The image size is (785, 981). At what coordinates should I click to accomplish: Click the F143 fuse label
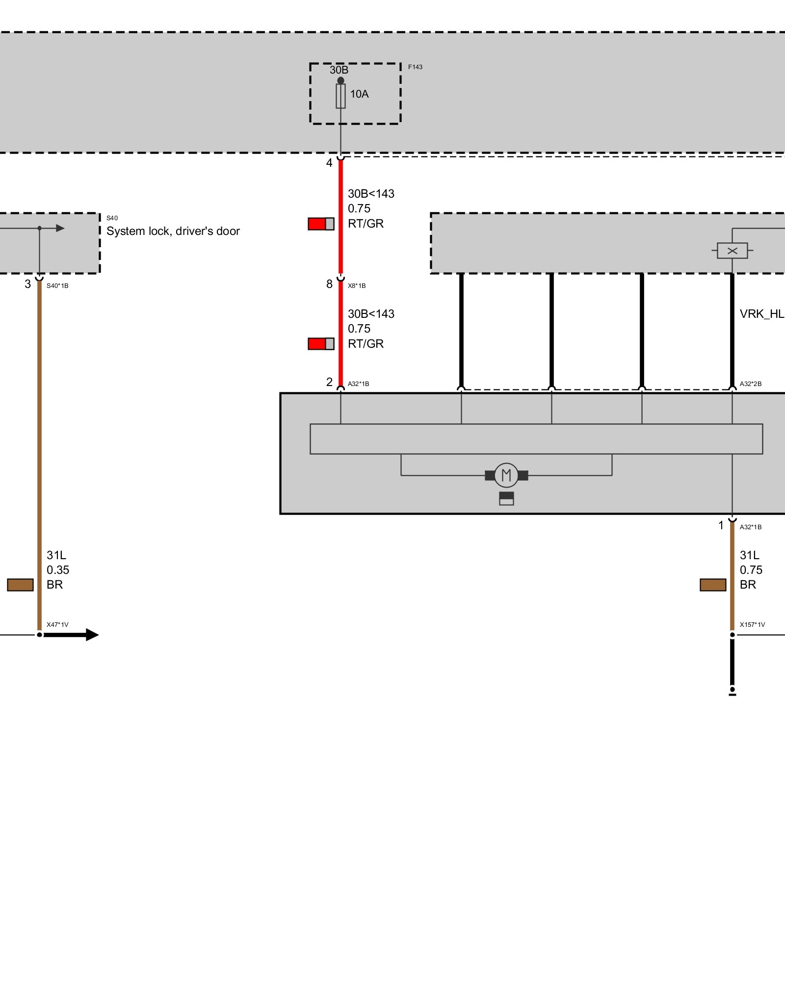[415, 67]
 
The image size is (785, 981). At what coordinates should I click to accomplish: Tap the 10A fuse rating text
[359, 94]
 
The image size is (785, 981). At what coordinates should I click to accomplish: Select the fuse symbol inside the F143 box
[340, 96]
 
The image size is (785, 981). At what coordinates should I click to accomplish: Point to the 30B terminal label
[339, 70]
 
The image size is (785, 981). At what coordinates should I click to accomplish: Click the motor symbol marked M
[506, 475]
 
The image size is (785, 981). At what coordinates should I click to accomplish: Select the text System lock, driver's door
[173, 231]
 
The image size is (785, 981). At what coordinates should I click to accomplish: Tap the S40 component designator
[112, 218]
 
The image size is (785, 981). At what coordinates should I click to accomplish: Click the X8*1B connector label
[357, 286]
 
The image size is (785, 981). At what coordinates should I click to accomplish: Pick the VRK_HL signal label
[761, 314]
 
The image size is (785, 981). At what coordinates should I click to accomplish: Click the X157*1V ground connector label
[752, 625]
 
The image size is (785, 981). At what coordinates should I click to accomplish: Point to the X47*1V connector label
[57, 625]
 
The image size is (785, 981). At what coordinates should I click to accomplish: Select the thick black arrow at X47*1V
[71, 635]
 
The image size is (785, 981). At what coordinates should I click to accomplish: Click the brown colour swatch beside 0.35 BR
[20, 585]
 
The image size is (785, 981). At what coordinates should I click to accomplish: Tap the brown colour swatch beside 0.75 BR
[713, 585]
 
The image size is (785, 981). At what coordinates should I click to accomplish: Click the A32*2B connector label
[751, 384]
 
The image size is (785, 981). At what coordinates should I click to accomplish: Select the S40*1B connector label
[57, 286]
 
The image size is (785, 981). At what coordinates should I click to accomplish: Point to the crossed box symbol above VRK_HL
[732, 251]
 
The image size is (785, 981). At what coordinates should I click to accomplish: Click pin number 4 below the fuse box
[329, 163]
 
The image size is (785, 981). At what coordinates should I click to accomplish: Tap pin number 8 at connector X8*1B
[329, 284]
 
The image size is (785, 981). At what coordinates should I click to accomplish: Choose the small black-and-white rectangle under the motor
[506, 498]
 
